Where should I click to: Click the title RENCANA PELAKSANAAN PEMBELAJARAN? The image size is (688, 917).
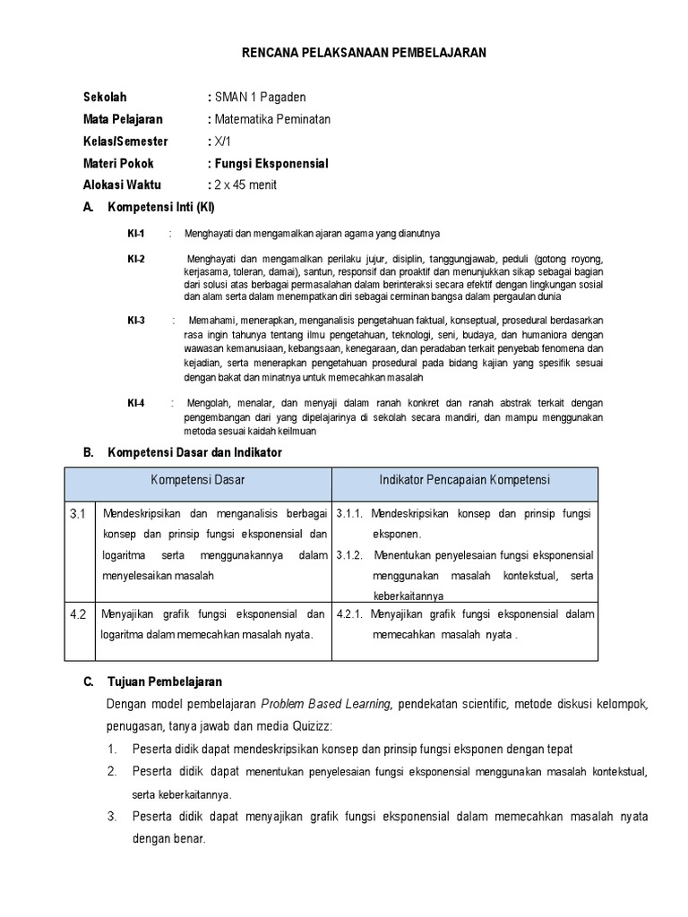pyautogui.click(x=364, y=54)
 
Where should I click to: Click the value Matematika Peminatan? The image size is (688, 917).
pyautogui.click(x=271, y=119)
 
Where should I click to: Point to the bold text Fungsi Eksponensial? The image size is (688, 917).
pyautogui.click(x=271, y=164)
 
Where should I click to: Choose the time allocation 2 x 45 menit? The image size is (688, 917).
pyautogui.click(x=245, y=185)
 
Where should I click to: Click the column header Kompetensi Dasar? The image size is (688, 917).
pyautogui.click(x=199, y=481)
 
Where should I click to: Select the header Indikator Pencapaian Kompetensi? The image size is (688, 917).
pyautogui.click(x=465, y=481)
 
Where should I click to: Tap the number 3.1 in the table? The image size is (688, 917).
pyautogui.click(x=78, y=515)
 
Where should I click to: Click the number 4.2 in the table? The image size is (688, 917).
pyautogui.click(x=78, y=614)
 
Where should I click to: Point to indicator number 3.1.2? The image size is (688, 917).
pyautogui.click(x=349, y=555)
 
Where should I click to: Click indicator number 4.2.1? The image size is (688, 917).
pyautogui.click(x=349, y=614)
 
